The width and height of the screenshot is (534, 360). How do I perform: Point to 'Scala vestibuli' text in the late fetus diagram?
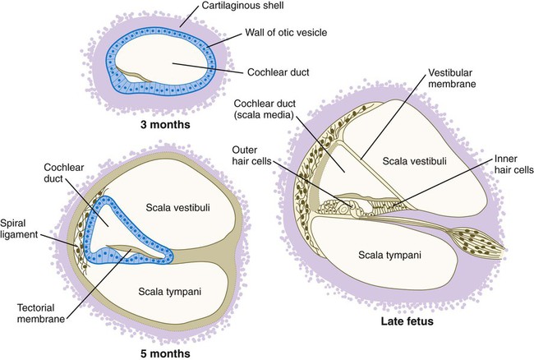415,161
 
